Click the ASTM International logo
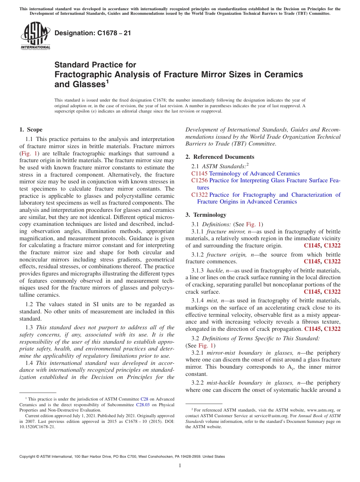35,36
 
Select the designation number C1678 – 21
93,33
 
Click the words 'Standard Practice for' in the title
95,65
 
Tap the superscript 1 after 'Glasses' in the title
108,81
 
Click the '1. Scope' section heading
31,130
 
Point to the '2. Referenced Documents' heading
220,157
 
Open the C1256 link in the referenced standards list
199,180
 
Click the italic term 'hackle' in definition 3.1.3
215,270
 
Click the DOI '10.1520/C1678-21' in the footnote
37,427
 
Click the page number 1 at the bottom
180,466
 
